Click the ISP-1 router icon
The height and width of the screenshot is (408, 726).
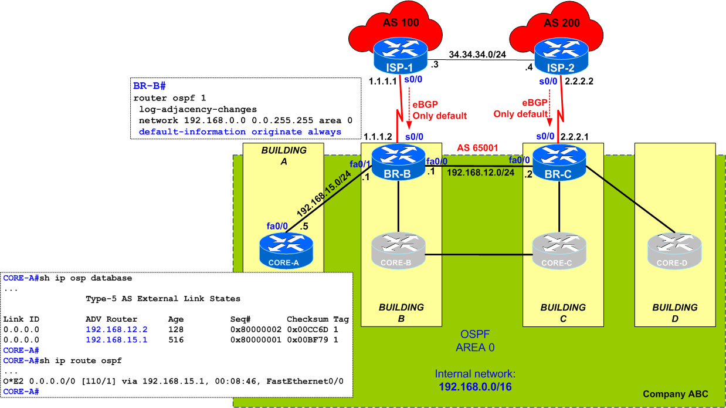pos(399,56)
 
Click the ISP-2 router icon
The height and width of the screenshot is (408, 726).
pos(559,56)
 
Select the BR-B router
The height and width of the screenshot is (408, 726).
pos(399,163)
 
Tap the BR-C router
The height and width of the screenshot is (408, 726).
pos(559,163)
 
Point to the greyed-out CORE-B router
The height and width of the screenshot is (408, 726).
pos(399,251)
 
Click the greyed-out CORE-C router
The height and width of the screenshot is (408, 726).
pos(559,251)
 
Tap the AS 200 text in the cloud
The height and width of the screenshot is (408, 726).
pos(561,23)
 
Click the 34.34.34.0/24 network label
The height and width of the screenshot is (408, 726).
pos(478,55)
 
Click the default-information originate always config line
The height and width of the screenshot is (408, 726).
pos(240,131)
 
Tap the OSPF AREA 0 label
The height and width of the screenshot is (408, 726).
pos(475,340)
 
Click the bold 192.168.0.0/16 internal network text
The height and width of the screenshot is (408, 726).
pos(475,386)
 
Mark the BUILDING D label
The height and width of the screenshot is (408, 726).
pos(674,313)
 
